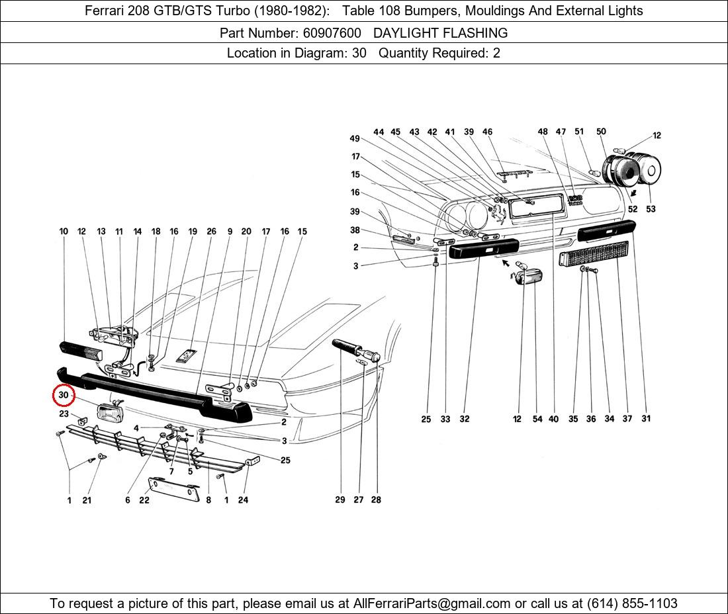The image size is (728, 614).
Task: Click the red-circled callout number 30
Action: pyautogui.click(x=64, y=396)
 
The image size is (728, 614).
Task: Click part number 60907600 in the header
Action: pyautogui.click(x=323, y=32)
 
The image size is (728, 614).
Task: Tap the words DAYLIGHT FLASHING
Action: pyautogui.click(x=440, y=32)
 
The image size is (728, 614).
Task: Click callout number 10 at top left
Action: pyautogui.click(x=64, y=232)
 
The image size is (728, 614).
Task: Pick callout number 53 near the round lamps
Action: pyautogui.click(x=651, y=209)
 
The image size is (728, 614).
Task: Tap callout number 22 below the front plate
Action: pyautogui.click(x=144, y=500)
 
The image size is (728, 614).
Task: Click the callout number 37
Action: pyautogui.click(x=627, y=419)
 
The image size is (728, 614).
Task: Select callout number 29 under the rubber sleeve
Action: pyautogui.click(x=340, y=500)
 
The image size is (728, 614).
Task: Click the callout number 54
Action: pyautogui.click(x=537, y=419)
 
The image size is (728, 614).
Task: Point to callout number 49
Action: pyautogui.click(x=355, y=139)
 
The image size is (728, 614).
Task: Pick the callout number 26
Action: pyautogui.click(x=211, y=232)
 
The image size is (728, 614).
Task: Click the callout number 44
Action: pyautogui.click(x=379, y=132)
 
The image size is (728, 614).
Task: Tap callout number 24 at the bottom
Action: pyautogui.click(x=243, y=500)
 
